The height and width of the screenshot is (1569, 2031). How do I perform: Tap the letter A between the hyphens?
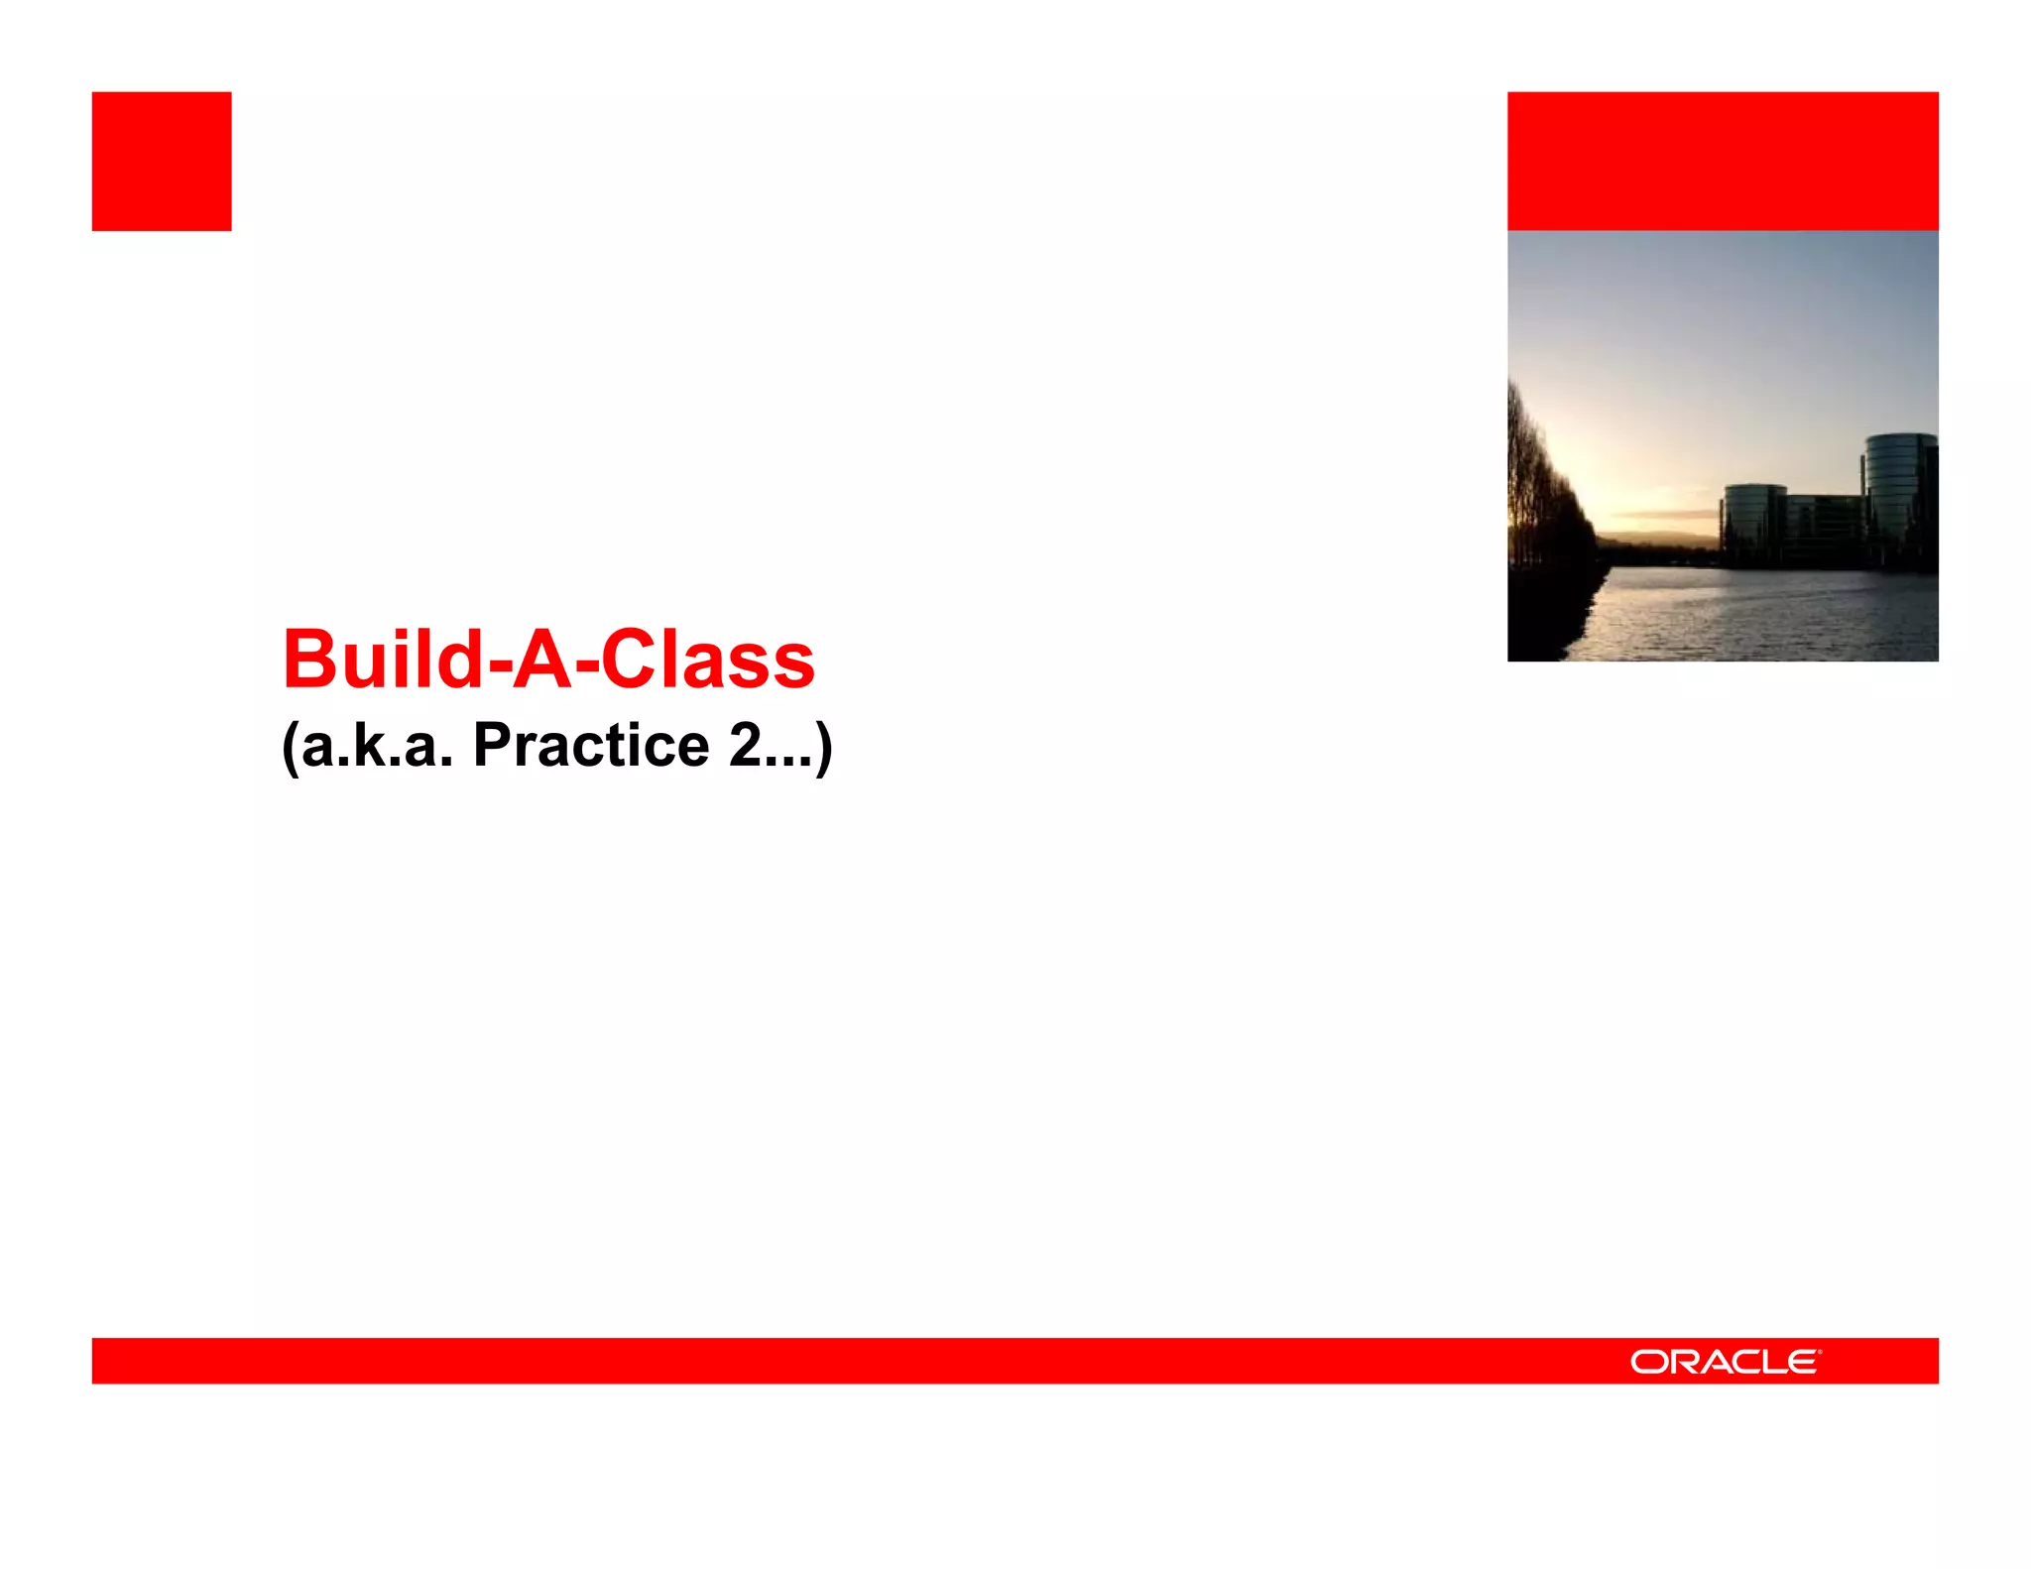[x=543, y=661]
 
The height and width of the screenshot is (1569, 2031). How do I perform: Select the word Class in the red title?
[x=708, y=661]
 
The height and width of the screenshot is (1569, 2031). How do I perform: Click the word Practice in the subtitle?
[x=591, y=746]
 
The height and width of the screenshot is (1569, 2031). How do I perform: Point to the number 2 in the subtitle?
[x=745, y=746]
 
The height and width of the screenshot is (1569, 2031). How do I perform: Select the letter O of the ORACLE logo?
[x=1650, y=1362]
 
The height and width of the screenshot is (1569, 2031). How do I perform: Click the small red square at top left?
[x=162, y=162]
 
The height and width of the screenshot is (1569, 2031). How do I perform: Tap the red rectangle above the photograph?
[x=1723, y=162]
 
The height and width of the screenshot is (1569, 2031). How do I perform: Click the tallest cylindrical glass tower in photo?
[x=1899, y=491]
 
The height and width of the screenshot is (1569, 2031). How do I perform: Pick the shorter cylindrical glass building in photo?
[x=1753, y=521]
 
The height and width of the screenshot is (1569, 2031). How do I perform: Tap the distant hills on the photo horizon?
[x=1656, y=542]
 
